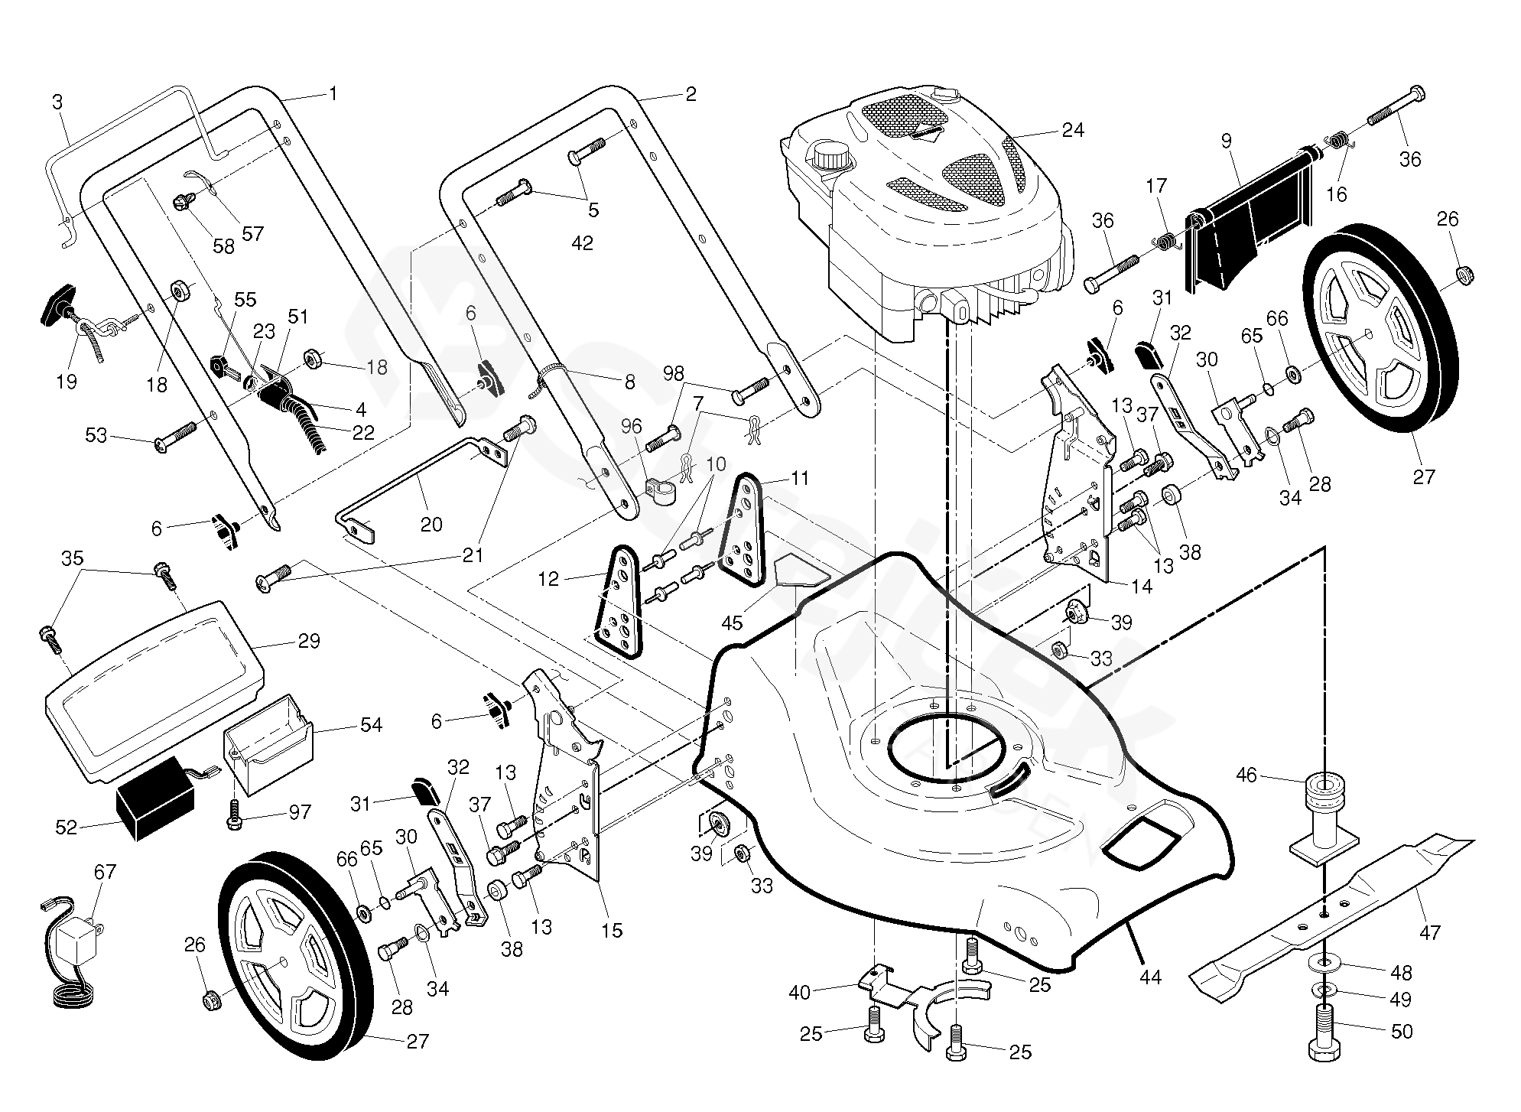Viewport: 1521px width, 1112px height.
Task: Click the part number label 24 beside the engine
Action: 1073,130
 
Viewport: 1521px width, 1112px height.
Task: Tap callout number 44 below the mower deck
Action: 1150,977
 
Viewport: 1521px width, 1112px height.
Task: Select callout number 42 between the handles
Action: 582,243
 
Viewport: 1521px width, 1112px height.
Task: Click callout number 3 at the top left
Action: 57,102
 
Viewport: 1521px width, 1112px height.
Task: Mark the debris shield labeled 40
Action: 899,995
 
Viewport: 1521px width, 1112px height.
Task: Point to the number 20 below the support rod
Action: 431,525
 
